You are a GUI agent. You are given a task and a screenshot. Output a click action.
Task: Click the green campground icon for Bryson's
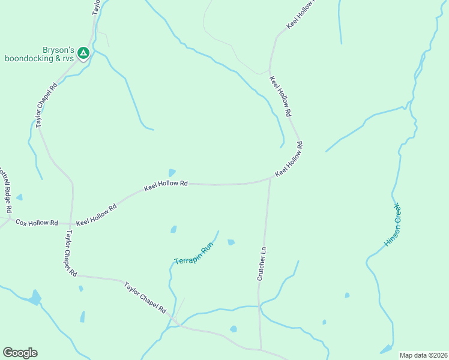83,53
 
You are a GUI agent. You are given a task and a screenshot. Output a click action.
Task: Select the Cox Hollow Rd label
37,223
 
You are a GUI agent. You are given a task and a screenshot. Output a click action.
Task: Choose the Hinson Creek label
393,225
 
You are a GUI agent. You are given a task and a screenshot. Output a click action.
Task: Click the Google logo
20,353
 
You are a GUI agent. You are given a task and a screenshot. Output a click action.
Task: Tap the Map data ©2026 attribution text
424,355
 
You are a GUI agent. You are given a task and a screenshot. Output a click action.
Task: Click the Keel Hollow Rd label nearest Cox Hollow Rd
96,214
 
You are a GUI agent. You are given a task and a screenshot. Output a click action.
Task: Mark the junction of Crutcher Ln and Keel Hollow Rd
270,179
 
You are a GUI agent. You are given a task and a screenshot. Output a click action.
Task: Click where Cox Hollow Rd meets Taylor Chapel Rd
70,222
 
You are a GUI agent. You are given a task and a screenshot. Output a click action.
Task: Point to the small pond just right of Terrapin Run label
231,242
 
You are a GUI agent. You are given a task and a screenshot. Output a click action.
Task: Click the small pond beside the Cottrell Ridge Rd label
20,197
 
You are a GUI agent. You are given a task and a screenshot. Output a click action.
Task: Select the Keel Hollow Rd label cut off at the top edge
301,15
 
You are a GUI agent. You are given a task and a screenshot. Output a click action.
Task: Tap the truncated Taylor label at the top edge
95,7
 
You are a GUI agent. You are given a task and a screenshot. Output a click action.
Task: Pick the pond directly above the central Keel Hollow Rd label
172,173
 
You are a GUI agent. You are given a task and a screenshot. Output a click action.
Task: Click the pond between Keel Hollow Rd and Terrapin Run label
173,229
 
